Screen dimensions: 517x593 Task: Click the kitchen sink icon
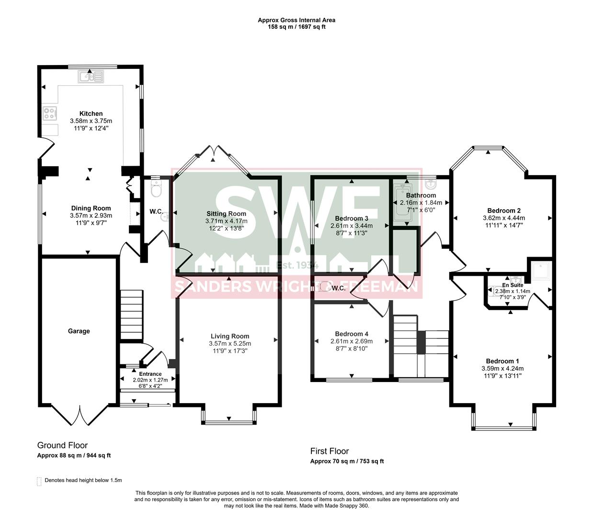(x=91, y=76)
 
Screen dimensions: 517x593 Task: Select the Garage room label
(x=79, y=331)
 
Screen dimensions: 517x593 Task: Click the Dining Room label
(x=91, y=208)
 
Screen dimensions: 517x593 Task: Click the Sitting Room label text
(x=227, y=214)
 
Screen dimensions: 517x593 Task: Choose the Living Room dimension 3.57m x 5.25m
(x=230, y=344)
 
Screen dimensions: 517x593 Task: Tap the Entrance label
(x=150, y=374)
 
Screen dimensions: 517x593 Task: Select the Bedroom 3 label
(x=352, y=218)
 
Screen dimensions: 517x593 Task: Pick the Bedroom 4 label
(x=352, y=334)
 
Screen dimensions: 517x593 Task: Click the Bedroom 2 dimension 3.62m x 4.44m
(x=504, y=218)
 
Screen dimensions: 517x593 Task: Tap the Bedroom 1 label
(x=502, y=361)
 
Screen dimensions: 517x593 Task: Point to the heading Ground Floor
(x=62, y=446)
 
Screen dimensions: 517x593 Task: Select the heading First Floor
(x=330, y=451)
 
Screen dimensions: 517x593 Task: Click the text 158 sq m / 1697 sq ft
(x=296, y=27)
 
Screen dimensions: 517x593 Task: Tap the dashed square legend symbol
(x=39, y=480)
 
